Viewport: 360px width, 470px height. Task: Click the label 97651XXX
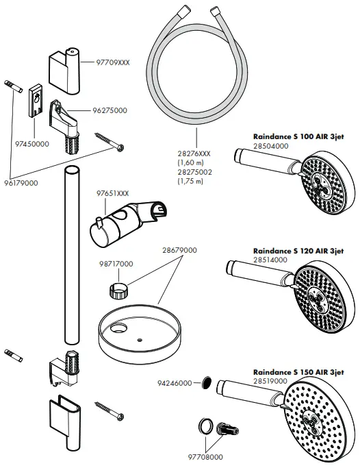click(112, 194)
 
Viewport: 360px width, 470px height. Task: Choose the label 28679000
click(178, 251)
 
